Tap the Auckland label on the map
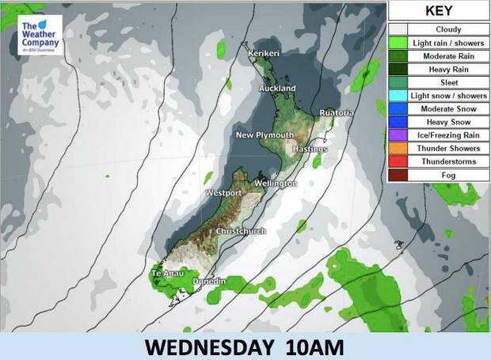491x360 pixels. pos(277,88)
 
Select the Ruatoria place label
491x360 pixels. pos(337,113)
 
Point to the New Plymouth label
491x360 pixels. pos(265,135)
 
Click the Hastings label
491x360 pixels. pos(310,149)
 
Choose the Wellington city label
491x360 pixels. pos(276,184)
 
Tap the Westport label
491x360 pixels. pos(223,193)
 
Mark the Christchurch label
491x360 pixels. pos(242,231)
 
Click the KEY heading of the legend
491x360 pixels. pos(438,12)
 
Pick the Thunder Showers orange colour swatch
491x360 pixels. pos(395,149)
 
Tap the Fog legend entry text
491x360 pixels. pos(448,174)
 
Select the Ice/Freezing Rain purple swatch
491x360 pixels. pos(395,135)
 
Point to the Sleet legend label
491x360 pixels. pos(448,82)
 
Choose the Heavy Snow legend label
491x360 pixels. pos(448,122)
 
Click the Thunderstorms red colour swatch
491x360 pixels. pos(395,161)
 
